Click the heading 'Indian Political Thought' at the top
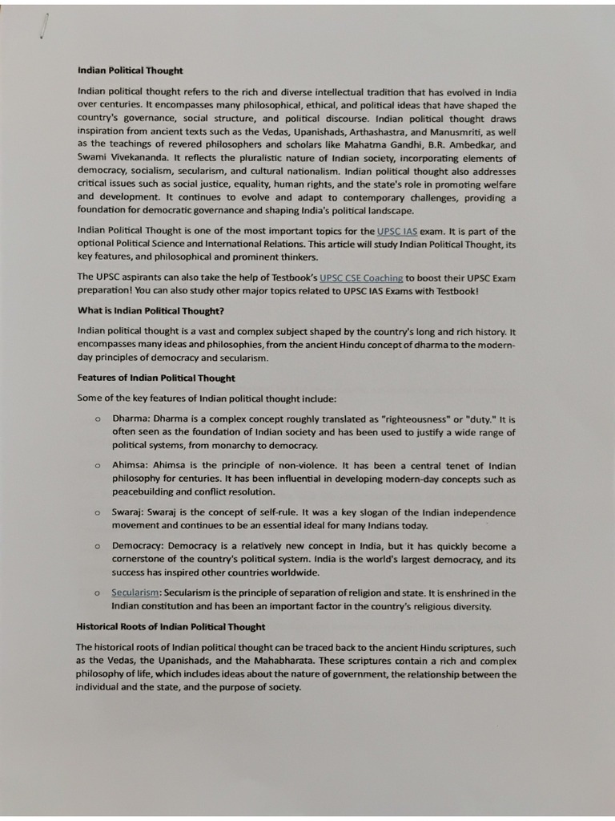pyautogui.click(x=130, y=71)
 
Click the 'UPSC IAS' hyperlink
pyautogui.click(x=397, y=231)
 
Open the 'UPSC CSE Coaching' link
pyautogui.click(x=361, y=277)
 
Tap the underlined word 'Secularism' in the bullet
pyautogui.click(x=136, y=593)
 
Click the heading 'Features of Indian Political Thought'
pyautogui.click(x=156, y=378)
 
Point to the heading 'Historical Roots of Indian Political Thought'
pyautogui.click(x=171, y=626)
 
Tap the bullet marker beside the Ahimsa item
pyautogui.click(x=96, y=466)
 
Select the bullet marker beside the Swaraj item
pyautogui.click(x=96, y=513)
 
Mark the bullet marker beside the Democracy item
pyautogui.click(x=96, y=547)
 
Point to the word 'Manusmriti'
pyautogui.click(x=460, y=131)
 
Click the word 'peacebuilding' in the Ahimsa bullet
pyautogui.click(x=145, y=491)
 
